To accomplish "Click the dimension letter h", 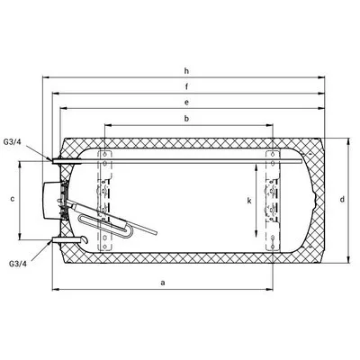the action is point(186,71).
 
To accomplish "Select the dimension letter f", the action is point(186,87).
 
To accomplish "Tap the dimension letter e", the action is point(186,103).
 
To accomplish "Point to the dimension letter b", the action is point(186,119).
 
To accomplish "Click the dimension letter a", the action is point(163,283).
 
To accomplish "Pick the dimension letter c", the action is point(13,199).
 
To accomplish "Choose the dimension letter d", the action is point(342,199).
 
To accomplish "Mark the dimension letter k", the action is point(249,201).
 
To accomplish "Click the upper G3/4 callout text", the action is point(13,142).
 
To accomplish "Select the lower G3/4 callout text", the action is point(18,264).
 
